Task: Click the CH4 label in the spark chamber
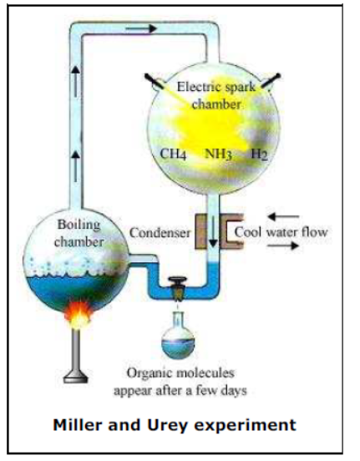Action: click(x=173, y=154)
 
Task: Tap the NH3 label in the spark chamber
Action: click(x=218, y=154)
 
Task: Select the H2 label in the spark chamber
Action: click(x=259, y=154)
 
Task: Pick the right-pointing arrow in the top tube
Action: click(x=141, y=28)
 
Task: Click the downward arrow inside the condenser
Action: click(x=213, y=231)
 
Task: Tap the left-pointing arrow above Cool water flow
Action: click(x=283, y=217)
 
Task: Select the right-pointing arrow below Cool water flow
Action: click(x=282, y=245)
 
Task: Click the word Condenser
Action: click(x=160, y=233)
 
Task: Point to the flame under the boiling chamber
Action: click(x=79, y=315)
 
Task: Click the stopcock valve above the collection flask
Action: click(x=177, y=289)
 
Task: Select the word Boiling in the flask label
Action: click(x=79, y=225)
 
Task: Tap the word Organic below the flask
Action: click(x=150, y=373)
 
